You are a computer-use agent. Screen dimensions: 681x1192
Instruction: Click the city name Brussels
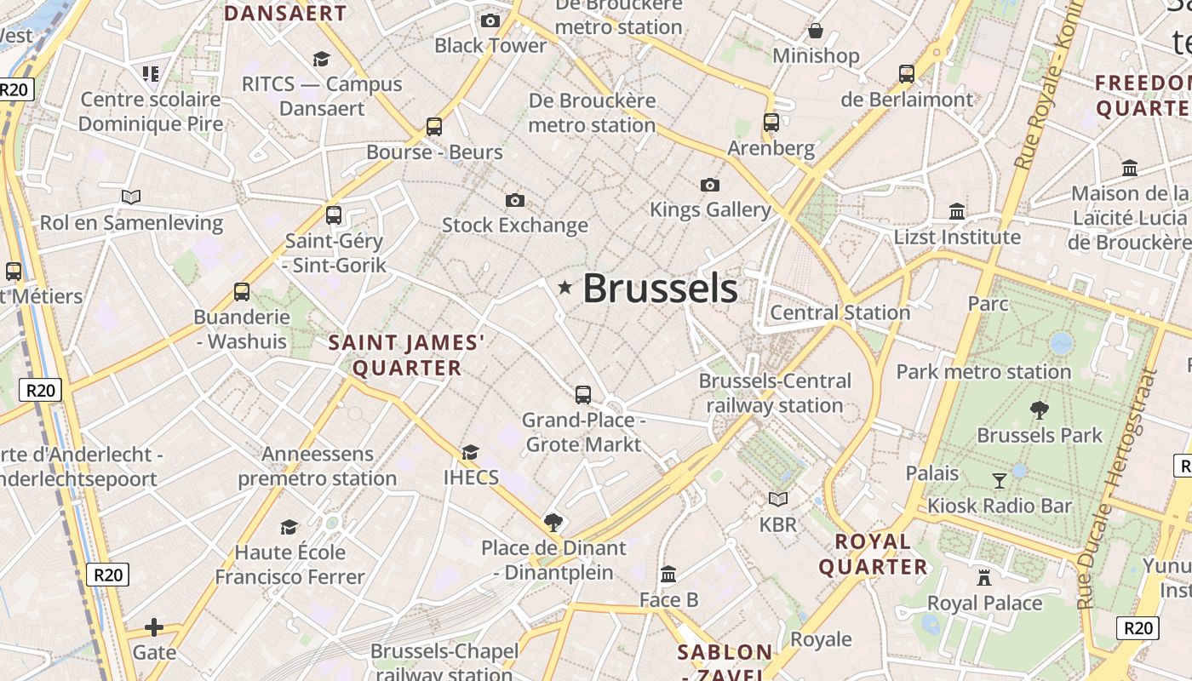(660, 289)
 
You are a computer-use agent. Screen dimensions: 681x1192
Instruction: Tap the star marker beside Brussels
(564, 288)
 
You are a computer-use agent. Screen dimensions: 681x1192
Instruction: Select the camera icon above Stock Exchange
(515, 200)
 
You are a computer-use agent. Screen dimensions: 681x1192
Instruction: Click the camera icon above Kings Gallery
(709, 185)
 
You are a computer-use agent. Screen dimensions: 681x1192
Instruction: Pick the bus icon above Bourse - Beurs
(434, 127)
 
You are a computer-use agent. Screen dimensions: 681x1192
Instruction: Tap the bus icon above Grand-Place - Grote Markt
(583, 394)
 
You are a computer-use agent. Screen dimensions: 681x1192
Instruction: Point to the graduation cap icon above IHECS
(470, 452)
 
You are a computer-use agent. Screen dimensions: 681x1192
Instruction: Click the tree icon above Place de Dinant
(553, 522)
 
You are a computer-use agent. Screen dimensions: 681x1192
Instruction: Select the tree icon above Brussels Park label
(1039, 410)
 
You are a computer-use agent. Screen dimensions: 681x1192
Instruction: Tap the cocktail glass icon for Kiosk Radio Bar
(1000, 481)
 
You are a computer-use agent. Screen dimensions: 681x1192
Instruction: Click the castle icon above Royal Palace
(984, 578)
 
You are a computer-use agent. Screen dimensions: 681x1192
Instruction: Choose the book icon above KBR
(778, 499)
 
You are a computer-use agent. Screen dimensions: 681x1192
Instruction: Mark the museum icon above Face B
(668, 575)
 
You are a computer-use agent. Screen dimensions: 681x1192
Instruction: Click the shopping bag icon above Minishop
(816, 31)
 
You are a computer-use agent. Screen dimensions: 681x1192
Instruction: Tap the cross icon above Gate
(154, 628)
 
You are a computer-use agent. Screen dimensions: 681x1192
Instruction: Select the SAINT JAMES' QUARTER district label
(407, 355)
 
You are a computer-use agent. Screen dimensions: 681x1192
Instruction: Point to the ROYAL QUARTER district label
(873, 554)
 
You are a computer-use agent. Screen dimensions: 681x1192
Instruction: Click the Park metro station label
(983, 372)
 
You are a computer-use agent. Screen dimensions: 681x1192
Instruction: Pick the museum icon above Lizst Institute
(957, 211)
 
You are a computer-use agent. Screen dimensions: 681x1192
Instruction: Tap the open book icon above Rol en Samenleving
(131, 197)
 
